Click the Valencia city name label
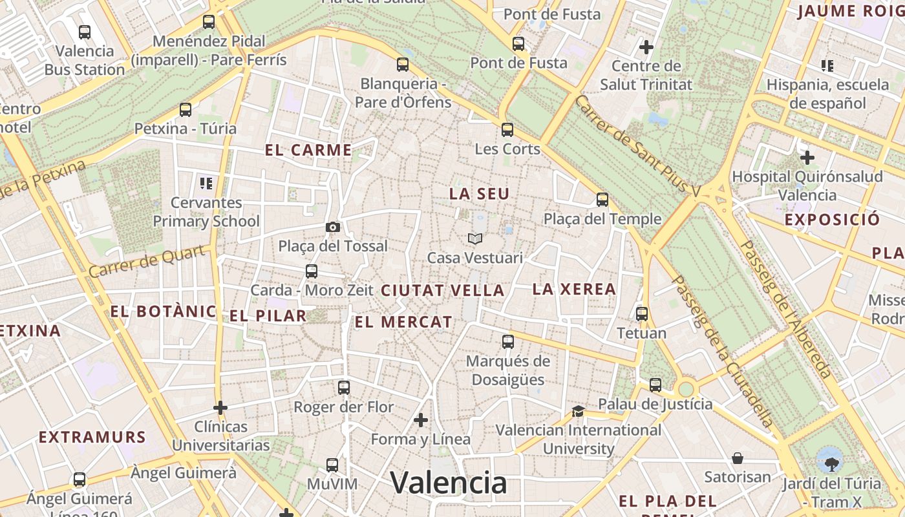pos(449,483)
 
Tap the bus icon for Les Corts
pos(507,129)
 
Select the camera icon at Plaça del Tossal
pos(333,227)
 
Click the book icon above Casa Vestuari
pos(475,239)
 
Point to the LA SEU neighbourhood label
pos(479,194)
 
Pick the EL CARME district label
pos(308,151)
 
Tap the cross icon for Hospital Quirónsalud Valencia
pos(807,157)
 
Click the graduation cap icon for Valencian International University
pos(578,411)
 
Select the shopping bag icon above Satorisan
pos(738,458)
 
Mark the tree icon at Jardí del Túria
pos(830,460)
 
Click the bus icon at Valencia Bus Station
pos(85,32)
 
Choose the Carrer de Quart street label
pos(150,260)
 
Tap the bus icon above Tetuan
pos(642,314)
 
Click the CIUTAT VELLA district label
pos(442,291)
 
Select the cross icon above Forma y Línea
pos(421,420)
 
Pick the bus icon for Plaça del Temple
pos(602,200)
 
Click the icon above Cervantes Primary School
pos(206,184)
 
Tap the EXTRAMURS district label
pos(92,438)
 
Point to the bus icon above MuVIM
pos(332,465)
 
